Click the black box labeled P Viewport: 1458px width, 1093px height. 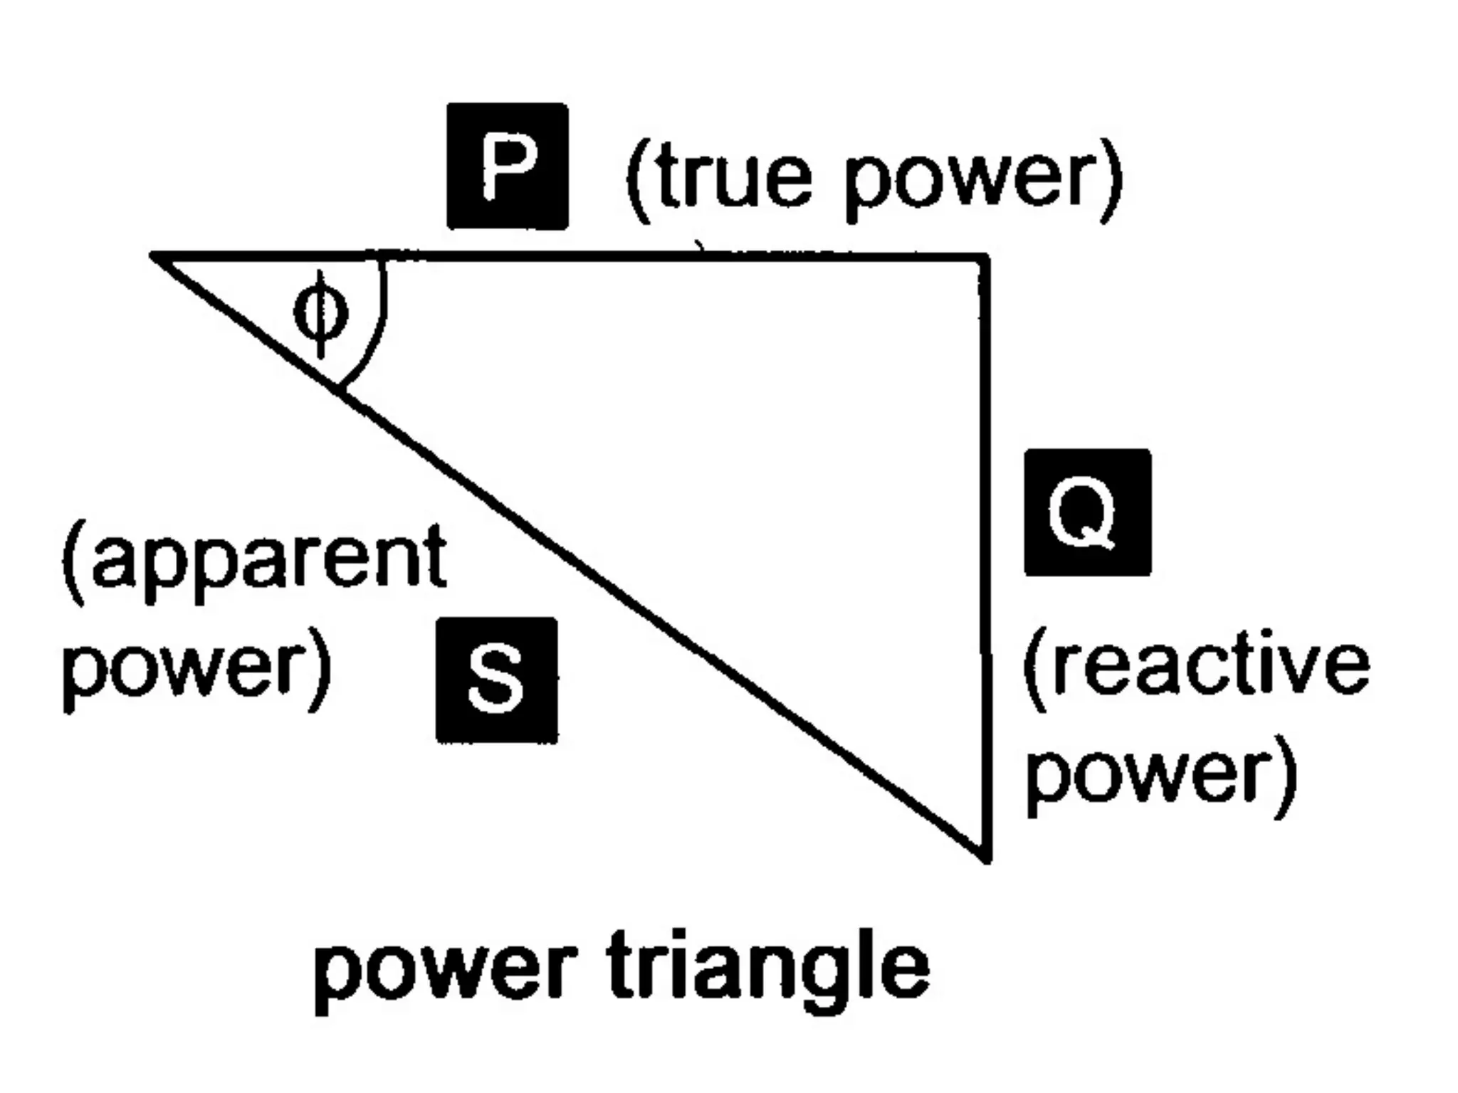point(508,166)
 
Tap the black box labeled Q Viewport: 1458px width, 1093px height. point(1087,512)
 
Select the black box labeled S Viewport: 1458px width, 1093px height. point(497,680)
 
